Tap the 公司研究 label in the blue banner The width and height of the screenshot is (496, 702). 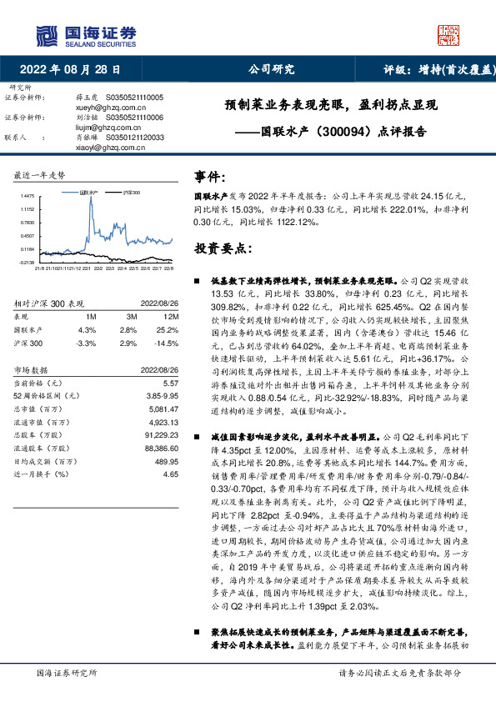272,71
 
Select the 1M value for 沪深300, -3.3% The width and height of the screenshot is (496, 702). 86,343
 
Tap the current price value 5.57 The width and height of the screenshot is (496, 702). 171,383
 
